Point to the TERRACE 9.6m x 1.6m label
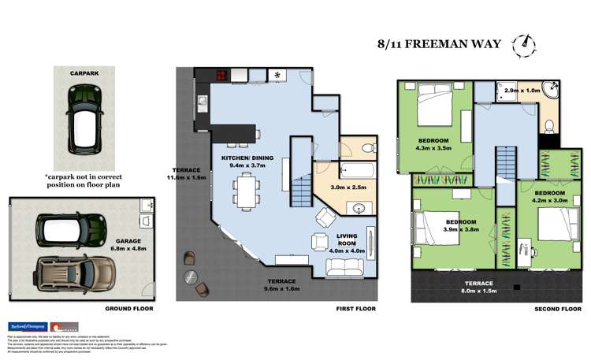[281, 285]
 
